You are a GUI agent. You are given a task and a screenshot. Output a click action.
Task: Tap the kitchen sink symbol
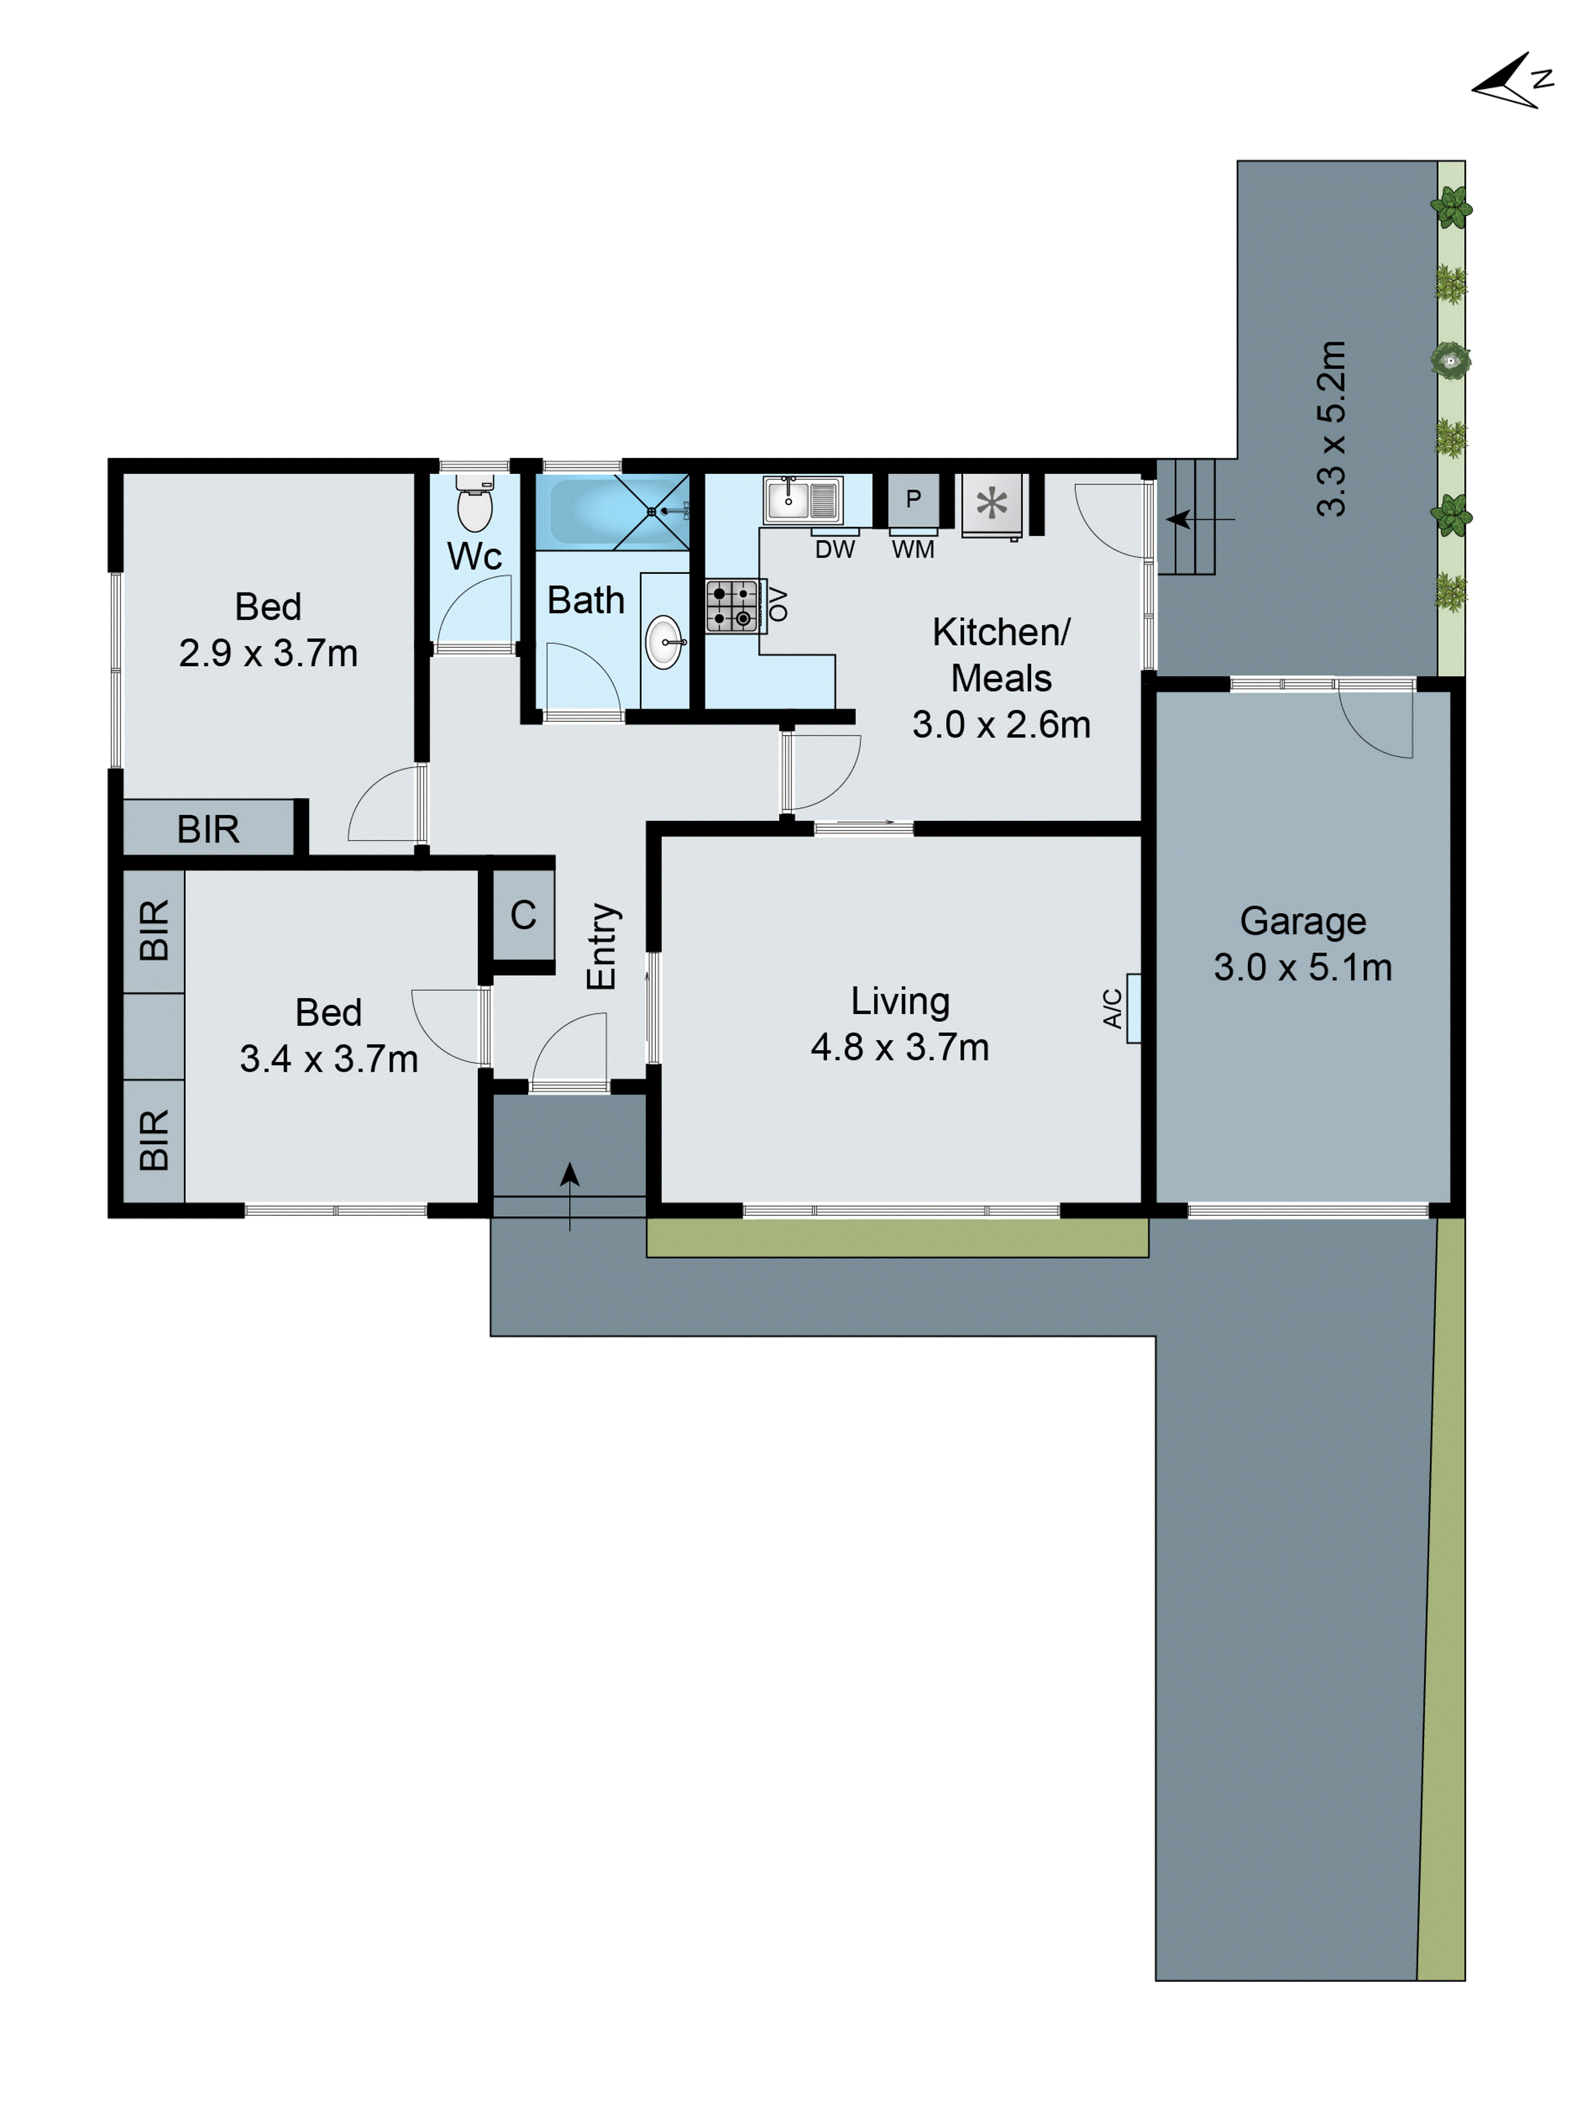802,499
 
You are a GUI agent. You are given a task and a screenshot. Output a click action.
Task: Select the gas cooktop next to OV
731,605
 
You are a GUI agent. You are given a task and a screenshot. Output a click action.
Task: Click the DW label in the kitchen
834,549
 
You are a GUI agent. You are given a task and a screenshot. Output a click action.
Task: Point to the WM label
912,549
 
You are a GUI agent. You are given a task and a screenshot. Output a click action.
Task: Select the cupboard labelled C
523,915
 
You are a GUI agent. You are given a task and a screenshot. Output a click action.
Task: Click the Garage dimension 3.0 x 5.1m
1302,967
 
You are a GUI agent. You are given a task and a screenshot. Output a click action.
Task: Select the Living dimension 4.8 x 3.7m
899,1046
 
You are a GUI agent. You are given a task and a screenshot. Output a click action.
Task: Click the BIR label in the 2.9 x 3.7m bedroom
208,828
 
